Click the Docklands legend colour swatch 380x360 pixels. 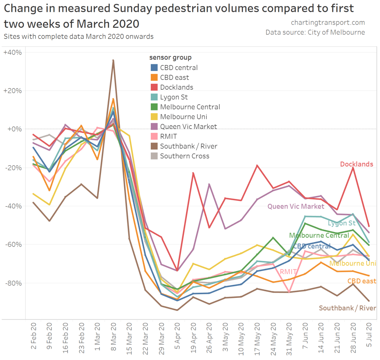pyautogui.click(x=154, y=87)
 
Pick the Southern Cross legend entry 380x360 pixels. pyautogui.click(x=185, y=156)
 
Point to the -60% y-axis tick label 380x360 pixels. pyautogui.click(x=13, y=244)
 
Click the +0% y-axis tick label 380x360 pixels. pyautogui.click(x=14, y=129)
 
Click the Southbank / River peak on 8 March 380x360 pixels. pyautogui.click(x=113, y=60)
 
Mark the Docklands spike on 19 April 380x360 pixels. pyautogui.click(x=193, y=173)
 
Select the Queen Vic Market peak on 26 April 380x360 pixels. pyautogui.click(x=209, y=184)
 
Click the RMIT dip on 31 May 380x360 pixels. pyautogui.click(x=289, y=292)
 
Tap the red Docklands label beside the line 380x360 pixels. pyautogui.click(x=356, y=164)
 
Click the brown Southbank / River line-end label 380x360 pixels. pyautogui.click(x=347, y=308)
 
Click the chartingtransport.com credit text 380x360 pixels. pyautogui.click(x=328, y=23)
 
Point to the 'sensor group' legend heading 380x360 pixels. pyautogui.click(x=170, y=58)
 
